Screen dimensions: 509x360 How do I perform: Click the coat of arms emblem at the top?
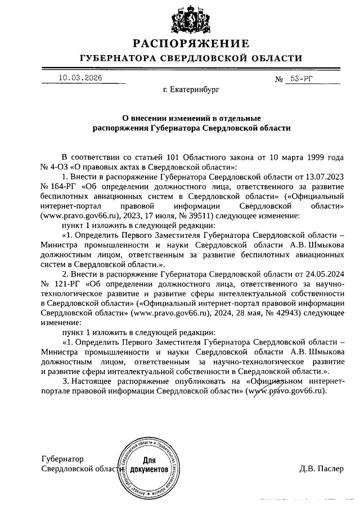191,20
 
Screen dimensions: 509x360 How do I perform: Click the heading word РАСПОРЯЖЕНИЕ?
191,44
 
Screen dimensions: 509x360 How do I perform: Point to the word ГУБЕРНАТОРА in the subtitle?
115,58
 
